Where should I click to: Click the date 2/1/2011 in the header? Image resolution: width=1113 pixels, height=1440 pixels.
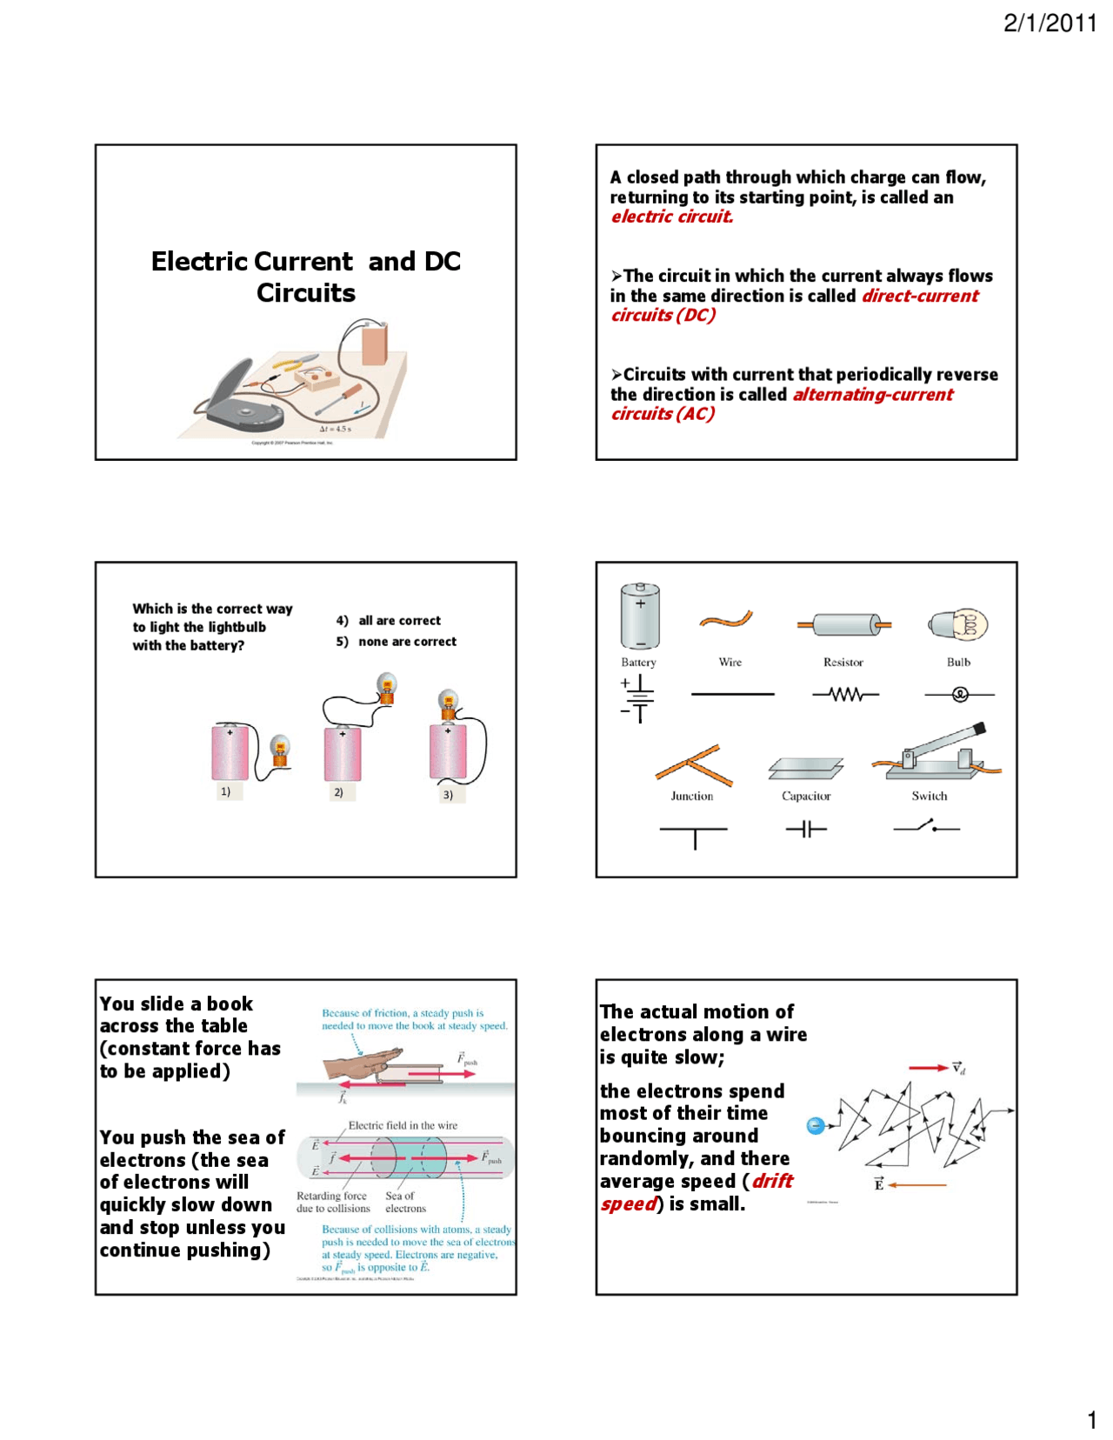[x=1050, y=23]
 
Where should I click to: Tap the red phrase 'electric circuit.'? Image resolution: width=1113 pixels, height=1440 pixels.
[x=671, y=217]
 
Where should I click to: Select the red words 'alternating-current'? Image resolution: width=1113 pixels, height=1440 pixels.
[x=872, y=395]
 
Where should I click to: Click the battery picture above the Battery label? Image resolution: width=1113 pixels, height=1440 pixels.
[x=639, y=617]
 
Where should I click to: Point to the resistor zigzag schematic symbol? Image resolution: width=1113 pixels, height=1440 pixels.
[x=845, y=695]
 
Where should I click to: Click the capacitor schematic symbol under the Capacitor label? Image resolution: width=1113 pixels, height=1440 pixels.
[x=806, y=829]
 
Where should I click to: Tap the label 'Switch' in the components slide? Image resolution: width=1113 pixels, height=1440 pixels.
[x=929, y=796]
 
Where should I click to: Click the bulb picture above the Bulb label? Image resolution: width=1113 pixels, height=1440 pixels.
[x=959, y=624]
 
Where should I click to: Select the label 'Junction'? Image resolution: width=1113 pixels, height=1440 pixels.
[x=691, y=796]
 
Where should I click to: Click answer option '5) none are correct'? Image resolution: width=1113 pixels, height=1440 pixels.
[x=397, y=642]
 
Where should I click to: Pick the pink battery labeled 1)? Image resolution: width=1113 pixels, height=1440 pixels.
[x=230, y=753]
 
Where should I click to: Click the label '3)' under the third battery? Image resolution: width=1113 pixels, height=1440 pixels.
[x=448, y=795]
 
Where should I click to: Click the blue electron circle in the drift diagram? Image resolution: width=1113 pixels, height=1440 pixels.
[x=815, y=1126]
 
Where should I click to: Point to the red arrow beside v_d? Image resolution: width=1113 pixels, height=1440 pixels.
[x=927, y=1068]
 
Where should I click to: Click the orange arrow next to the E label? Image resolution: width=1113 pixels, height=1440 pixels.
[x=918, y=1184]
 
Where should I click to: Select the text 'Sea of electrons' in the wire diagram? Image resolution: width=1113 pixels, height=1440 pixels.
[x=405, y=1202]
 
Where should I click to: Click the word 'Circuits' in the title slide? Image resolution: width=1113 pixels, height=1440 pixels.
[x=305, y=293]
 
